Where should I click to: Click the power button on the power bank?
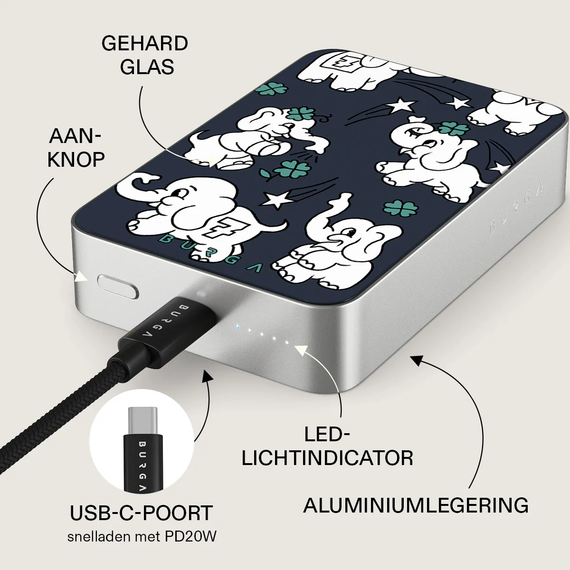click(x=118, y=286)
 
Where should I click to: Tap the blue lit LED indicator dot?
click(x=237, y=327)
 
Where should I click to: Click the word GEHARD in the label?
click(x=145, y=44)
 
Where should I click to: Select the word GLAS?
click(x=147, y=67)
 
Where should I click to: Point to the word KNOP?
click(x=76, y=160)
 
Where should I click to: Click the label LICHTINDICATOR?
click(x=327, y=458)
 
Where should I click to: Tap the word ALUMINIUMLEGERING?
click(x=416, y=505)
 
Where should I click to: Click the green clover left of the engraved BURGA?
click(x=401, y=209)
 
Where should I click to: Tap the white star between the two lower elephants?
click(x=276, y=199)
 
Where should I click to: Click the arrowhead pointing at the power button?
click(x=81, y=277)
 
